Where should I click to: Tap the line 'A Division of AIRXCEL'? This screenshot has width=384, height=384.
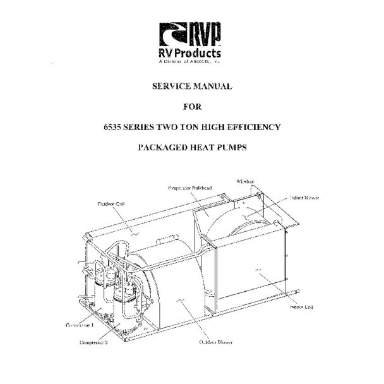(190, 63)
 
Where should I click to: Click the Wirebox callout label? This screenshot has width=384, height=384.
(245, 181)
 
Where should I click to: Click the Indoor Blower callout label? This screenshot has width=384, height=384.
(304, 198)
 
